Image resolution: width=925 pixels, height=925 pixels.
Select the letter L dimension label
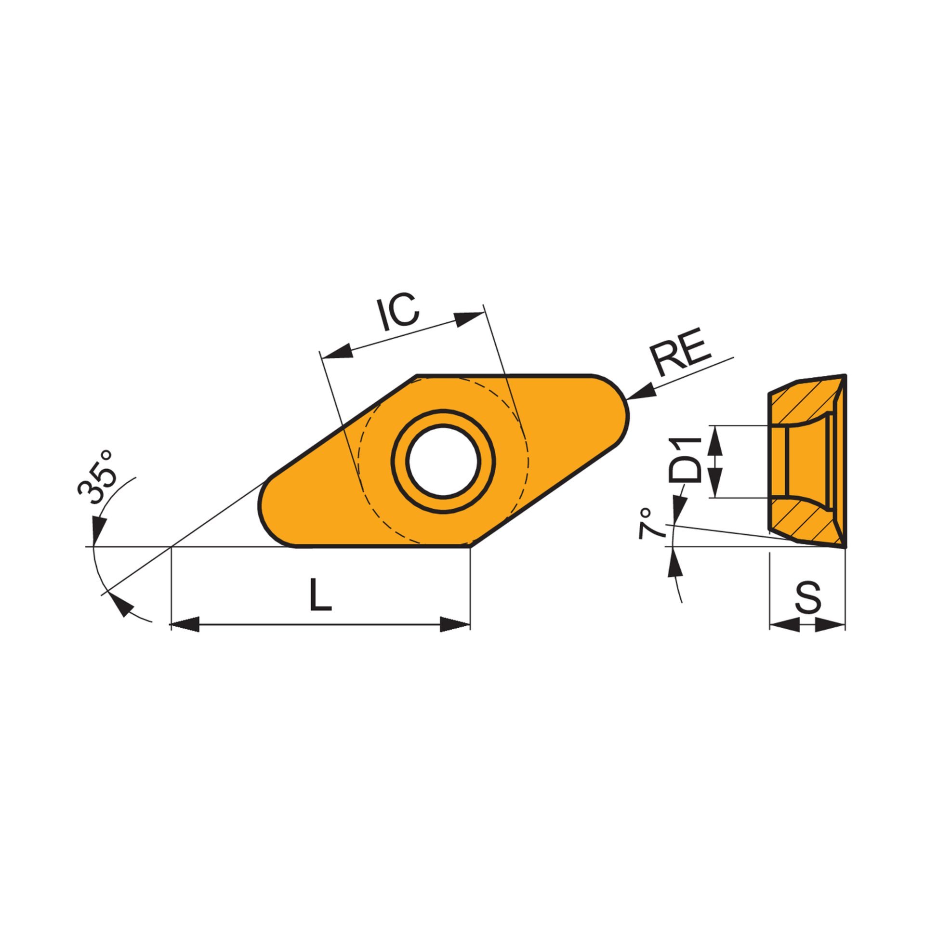[x=320, y=595]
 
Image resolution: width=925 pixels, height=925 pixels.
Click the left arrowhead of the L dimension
[x=185, y=624]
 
